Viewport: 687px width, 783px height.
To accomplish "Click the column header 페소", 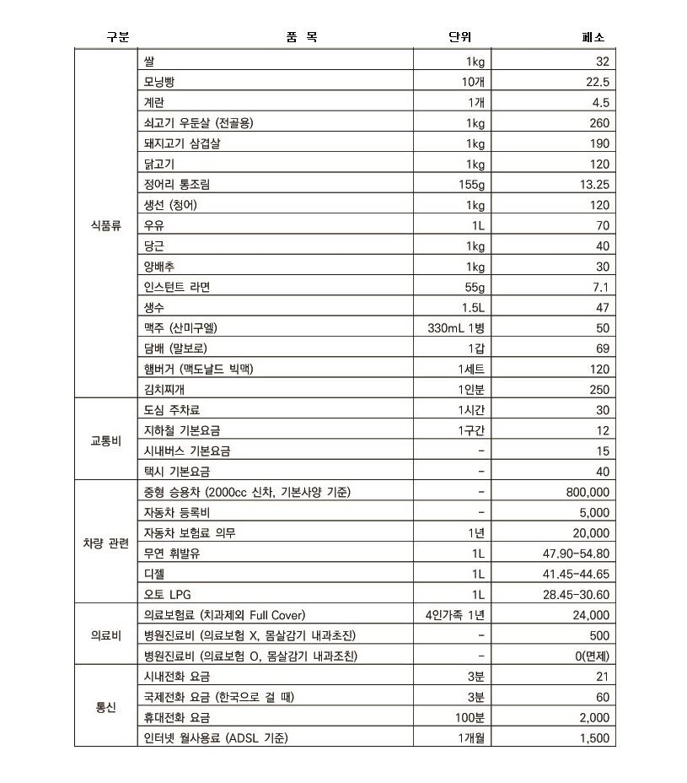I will pos(593,37).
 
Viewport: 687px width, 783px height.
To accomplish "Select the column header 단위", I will pos(459,37).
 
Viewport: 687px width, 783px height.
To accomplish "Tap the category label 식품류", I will pos(106,225).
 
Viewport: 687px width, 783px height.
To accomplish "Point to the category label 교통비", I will pos(106,440).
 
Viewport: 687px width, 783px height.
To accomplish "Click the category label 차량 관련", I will pos(106,543).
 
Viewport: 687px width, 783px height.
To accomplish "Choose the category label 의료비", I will pos(106,635).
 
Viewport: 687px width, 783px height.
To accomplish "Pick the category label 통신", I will pos(106,707).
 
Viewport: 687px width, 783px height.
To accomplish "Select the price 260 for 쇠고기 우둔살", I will pos(598,123).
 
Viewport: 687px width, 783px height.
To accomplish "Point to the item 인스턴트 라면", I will pos(177,287).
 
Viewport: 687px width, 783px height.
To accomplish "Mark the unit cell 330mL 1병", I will pos(456,328).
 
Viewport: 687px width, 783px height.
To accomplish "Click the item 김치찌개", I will pos(169,390).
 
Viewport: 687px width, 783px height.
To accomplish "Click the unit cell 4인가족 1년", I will pos(455,615).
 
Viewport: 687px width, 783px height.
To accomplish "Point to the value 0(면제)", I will pos(591,656).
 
